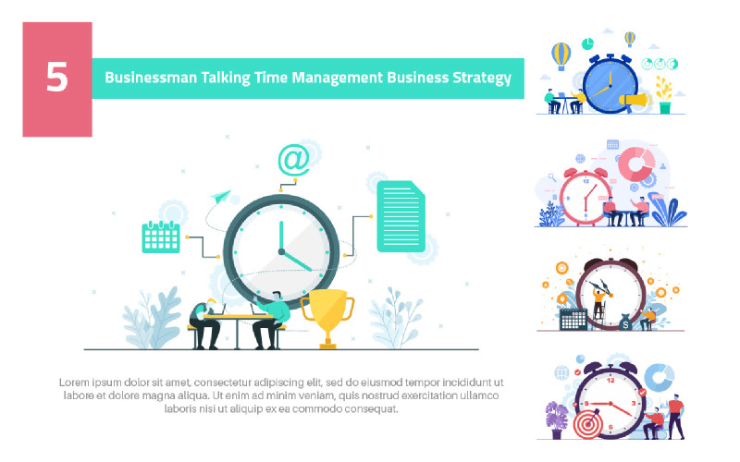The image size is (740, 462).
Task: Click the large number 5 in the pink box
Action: coord(57,78)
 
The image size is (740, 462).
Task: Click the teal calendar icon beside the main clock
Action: coord(160,237)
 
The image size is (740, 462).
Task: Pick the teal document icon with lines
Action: coord(400,216)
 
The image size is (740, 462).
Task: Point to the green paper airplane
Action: coord(220,196)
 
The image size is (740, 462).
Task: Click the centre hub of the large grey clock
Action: coord(280,250)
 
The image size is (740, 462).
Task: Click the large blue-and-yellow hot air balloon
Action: coord(561,55)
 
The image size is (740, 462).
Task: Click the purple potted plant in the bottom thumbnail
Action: coord(556,419)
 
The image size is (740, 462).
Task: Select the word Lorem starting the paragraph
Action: coord(75,382)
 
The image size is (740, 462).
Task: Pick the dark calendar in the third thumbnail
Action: coord(573,320)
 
